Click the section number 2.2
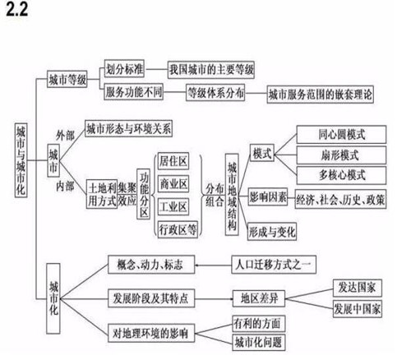[17, 10]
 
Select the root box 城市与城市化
[21, 159]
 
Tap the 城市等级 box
[67, 80]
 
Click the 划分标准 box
[124, 68]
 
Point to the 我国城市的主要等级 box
[211, 70]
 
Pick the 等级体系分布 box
[215, 93]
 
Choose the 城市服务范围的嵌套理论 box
[321, 95]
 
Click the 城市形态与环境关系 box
[129, 128]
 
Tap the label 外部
[65, 136]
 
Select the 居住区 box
[173, 161]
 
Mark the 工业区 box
[173, 206]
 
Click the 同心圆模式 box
[341, 135]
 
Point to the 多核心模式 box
[341, 175]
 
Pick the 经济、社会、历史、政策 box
[340, 200]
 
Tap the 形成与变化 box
[272, 232]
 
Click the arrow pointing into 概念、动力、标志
[214, 265]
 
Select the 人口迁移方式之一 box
[274, 265]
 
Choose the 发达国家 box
[358, 288]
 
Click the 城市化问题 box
[259, 342]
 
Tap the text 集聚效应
[127, 194]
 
